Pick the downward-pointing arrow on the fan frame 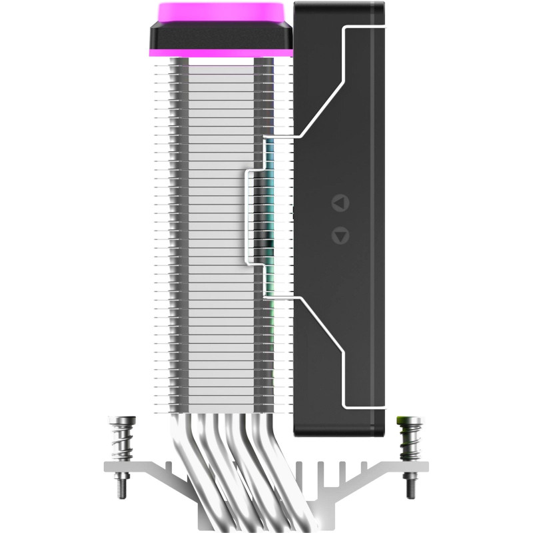(x=340, y=235)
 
